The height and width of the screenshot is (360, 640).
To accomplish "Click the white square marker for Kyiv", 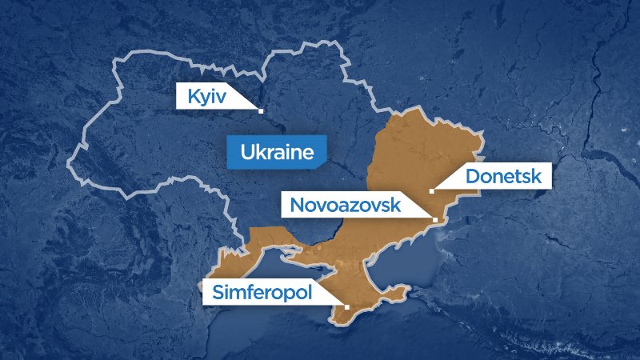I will click(x=261, y=110).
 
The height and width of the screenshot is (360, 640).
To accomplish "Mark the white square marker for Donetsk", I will click(x=431, y=190).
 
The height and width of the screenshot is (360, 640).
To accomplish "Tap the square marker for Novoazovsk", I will click(x=434, y=218).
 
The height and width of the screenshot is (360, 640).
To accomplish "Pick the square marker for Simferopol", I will click(x=346, y=306).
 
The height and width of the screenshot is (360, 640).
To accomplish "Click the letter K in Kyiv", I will click(x=193, y=98).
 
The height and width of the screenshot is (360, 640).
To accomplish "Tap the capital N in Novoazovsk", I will click(x=297, y=205).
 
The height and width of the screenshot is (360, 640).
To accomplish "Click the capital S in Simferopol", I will click(x=218, y=292).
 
